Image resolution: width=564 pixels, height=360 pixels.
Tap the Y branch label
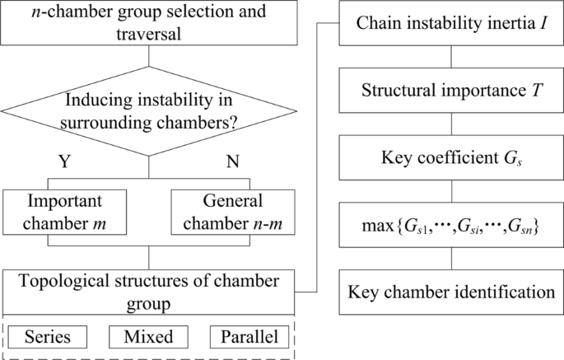tap(63, 162)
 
